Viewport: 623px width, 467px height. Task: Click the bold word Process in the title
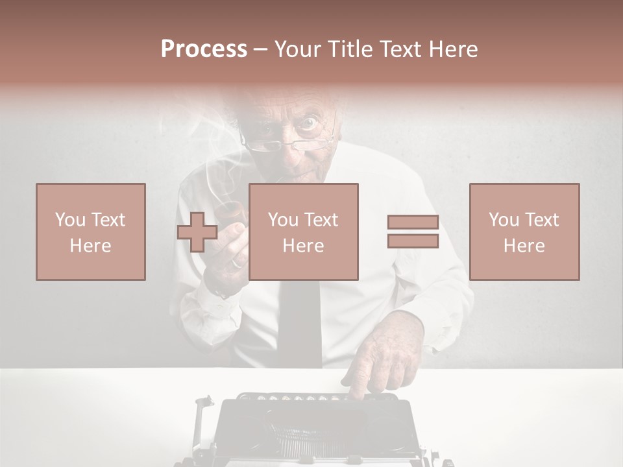[204, 49]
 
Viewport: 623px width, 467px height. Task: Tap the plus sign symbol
[197, 232]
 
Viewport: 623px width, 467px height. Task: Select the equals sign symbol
[413, 232]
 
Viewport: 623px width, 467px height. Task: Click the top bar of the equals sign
[413, 222]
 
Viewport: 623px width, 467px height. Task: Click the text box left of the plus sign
[91, 232]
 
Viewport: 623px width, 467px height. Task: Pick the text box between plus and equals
[304, 232]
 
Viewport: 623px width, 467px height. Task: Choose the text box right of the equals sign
[524, 232]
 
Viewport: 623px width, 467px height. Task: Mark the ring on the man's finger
[238, 263]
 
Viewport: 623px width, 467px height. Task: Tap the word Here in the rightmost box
[524, 246]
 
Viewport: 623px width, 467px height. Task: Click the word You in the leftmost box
[70, 219]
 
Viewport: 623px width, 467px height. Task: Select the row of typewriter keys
[299, 397]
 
